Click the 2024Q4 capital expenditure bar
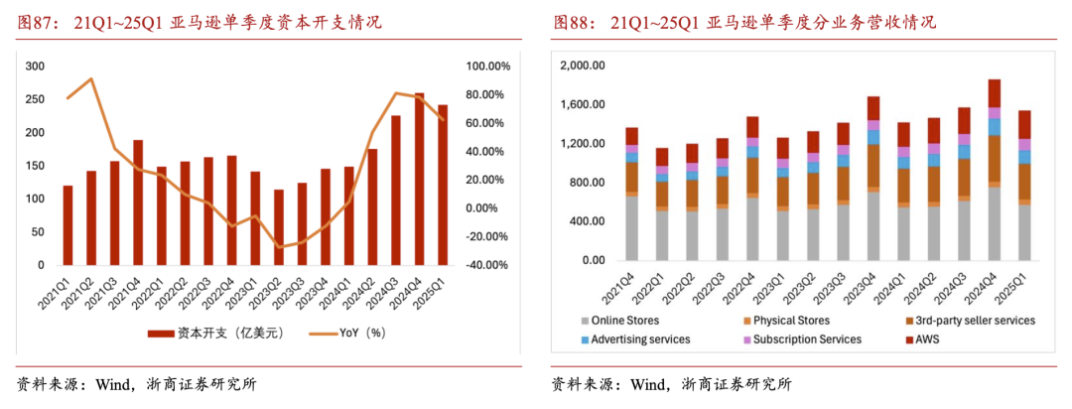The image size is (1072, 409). [x=419, y=180]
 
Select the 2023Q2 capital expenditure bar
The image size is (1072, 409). [x=279, y=227]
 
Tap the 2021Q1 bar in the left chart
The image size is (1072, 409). [x=67, y=225]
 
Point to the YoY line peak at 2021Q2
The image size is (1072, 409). [x=91, y=78]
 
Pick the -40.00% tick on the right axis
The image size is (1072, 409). [x=486, y=265]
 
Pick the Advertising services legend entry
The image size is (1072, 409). [x=636, y=340]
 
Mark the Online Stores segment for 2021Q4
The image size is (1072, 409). [x=631, y=228]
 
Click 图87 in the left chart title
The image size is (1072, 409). [x=31, y=24]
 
